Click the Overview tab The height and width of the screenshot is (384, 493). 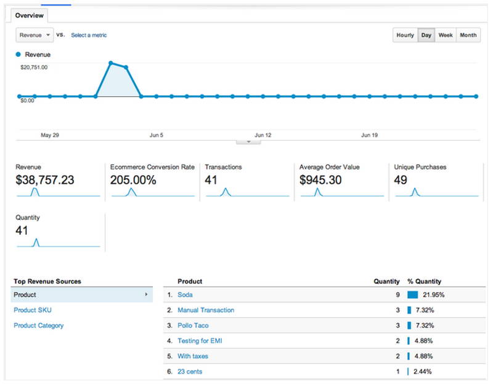[29, 15]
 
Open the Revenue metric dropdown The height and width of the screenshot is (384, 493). [35, 35]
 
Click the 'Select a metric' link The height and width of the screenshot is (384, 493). [89, 35]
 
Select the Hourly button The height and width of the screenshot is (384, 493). [405, 35]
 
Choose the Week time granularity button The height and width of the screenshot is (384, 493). [446, 35]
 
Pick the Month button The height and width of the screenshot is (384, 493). [468, 35]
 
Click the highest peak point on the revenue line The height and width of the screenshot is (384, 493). [111, 63]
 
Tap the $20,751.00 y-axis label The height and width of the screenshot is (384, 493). [34, 67]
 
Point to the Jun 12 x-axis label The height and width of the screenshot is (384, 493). [263, 135]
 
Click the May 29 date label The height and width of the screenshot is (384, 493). [50, 135]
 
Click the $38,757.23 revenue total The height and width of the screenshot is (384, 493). [45, 180]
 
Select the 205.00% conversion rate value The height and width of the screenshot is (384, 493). [133, 180]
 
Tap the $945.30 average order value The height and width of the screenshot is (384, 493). [320, 180]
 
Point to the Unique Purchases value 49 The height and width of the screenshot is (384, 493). [401, 180]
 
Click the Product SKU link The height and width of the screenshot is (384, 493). [33, 310]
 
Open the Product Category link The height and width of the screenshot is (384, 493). [39, 325]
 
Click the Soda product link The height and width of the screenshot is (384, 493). [185, 295]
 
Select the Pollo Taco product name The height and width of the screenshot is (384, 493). [193, 325]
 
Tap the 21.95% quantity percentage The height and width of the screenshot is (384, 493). [434, 295]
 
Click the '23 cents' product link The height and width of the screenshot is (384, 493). [190, 372]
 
